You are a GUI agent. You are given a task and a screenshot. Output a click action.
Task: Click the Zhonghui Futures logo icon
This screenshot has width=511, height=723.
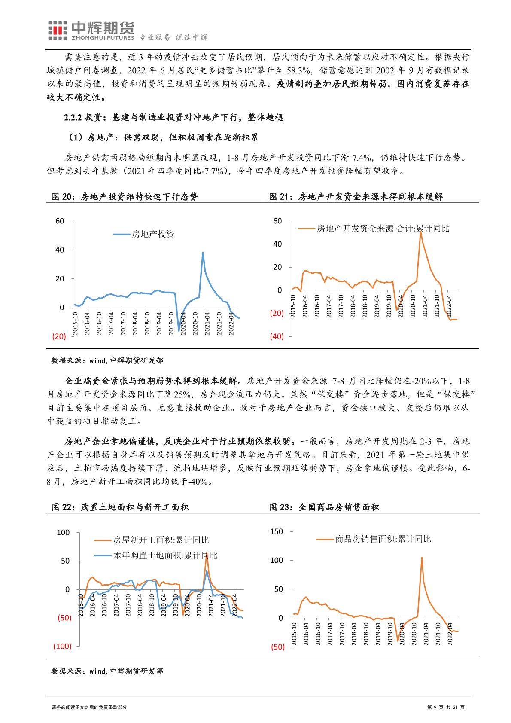[x=57, y=30]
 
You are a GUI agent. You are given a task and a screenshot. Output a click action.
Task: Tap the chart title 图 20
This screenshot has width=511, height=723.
[x=125, y=197]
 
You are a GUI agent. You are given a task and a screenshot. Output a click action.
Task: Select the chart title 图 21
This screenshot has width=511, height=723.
[x=356, y=197]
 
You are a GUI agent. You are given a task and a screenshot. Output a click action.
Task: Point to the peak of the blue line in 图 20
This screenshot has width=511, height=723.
[x=203, y=252]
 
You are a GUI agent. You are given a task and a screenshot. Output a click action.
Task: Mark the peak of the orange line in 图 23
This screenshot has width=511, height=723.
[x=421, y=557]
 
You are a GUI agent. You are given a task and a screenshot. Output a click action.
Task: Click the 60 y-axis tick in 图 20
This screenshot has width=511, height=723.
[x=59, y=221]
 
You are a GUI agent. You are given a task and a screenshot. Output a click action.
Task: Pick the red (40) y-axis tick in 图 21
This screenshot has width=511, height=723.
[x=277, y=336]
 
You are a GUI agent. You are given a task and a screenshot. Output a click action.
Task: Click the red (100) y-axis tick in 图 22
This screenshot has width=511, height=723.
[x=62, y=646]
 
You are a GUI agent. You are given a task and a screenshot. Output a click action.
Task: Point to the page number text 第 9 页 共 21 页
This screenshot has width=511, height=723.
[x=446, y=707]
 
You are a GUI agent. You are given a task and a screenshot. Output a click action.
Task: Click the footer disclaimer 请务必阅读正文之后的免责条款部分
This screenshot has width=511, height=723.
[x=89, y=707]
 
